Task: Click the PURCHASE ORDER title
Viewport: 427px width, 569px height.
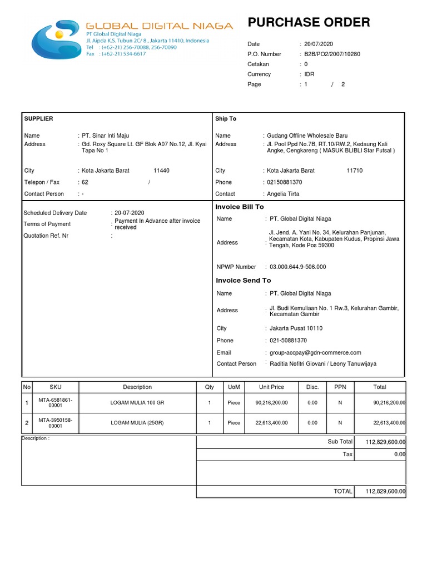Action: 309,23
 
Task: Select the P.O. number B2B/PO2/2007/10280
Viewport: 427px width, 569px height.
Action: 332,54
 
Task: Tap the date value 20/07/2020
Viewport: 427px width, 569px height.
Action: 319,44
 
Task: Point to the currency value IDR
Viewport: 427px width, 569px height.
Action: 309,74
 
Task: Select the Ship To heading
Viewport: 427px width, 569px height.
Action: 226,119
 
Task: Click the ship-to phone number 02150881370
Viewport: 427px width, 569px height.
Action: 285,182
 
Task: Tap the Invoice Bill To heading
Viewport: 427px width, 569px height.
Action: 240,207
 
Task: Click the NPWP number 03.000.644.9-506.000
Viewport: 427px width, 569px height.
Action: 297,267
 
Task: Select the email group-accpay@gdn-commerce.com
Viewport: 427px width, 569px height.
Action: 315,352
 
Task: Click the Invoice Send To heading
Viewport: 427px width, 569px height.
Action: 244,281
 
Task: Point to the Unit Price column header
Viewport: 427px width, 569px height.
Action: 271,387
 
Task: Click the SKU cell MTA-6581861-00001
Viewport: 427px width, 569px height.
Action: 56,403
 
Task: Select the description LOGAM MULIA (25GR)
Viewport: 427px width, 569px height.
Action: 137,423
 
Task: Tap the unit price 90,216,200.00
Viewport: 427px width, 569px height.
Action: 271,402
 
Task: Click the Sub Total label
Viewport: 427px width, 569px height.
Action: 340,442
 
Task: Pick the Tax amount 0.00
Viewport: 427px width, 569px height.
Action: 399,455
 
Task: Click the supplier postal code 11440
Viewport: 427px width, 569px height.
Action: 161,171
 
